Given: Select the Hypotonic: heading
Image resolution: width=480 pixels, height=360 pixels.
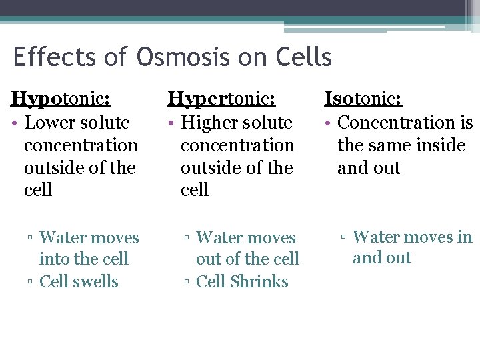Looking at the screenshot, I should point(61,99).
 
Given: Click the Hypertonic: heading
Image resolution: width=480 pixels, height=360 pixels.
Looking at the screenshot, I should point(221,99).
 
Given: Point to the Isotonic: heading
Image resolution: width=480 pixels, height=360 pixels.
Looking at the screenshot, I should point(363,99).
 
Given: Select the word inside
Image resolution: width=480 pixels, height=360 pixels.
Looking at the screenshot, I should point(439,145).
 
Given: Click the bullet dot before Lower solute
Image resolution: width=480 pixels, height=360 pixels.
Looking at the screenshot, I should point(15,123).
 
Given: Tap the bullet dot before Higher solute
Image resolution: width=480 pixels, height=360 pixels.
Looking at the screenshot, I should point(171,123).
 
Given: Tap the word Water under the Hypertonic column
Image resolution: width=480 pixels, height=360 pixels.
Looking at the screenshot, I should point(219,237).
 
